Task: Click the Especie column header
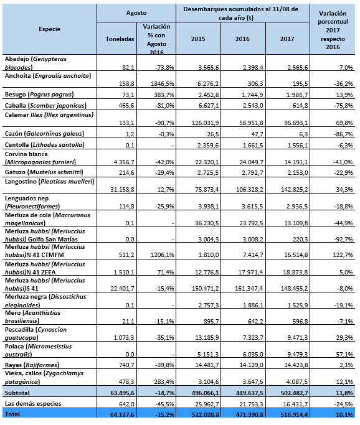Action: pos(49,29)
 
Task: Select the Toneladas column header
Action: pos(120,39)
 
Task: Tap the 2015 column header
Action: pos(198,39)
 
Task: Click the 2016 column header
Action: pos(242,39)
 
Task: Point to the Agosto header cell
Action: pos(136,12)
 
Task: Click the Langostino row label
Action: pos(49,181)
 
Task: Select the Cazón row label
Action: pos(44,134)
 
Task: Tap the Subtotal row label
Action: pos(17,393)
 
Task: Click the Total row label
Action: pos(12,414)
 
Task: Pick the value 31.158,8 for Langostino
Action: pos(122,189)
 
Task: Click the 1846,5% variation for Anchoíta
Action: pos(162,83)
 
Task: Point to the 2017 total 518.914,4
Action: pos(294,414)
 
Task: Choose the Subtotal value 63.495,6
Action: pos(122,393)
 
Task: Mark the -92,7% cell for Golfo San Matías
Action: pos(343,239)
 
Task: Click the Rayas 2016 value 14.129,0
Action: pos(251,365)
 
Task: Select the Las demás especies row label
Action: pos(33,404)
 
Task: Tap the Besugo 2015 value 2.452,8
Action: pos(208,95)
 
